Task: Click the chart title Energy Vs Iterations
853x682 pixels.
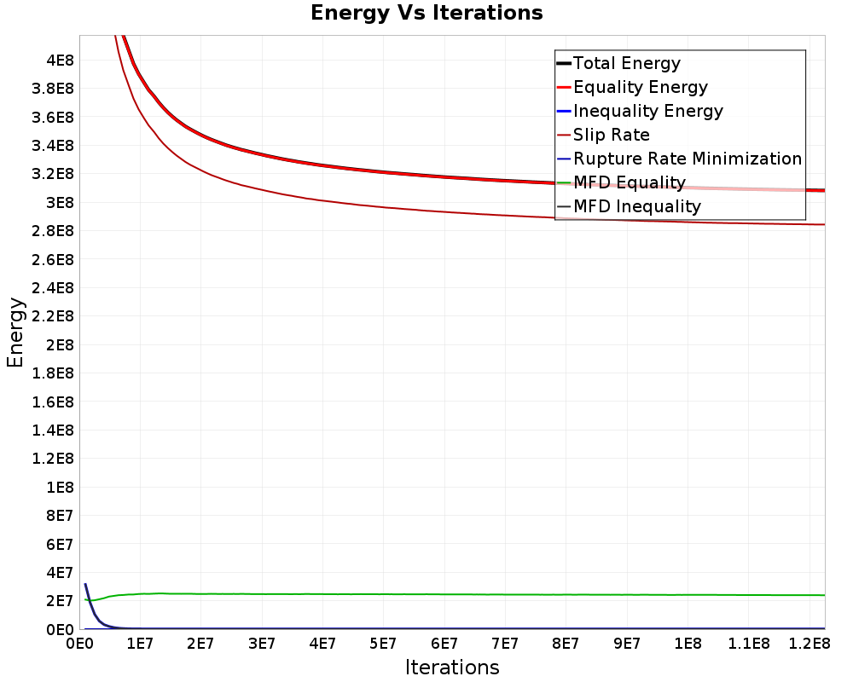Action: [x=426, y=13]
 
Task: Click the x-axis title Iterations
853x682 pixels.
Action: [x=452, y=667]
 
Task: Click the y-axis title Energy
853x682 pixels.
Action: [x=15, y=332]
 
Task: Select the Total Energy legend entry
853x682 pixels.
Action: [x=626, y=63]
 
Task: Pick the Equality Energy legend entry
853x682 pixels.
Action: [x=640, y=87]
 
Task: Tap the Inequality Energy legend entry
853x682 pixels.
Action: [x=647, y=111]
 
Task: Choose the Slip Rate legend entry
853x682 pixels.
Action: [x=611, y=135]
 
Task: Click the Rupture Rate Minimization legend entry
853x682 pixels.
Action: [x=687, y=159]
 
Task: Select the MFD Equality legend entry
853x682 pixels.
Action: [x=629, y=182]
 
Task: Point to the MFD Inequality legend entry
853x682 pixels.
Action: [x=636, y=206]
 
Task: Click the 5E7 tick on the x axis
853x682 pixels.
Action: [x=383, y=642]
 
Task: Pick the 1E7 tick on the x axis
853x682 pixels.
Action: [x=140, y=642]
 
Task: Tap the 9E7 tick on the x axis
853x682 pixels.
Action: [x=627, y=642]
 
